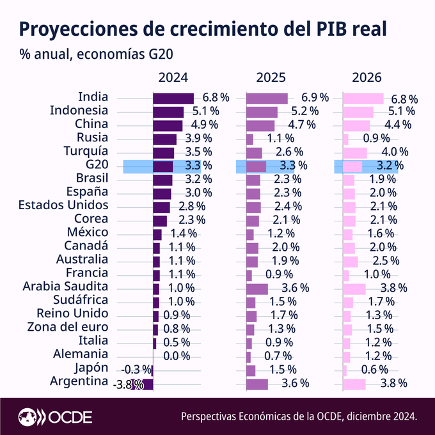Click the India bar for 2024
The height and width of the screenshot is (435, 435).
coord(173,98)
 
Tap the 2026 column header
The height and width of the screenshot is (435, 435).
coord(367,78)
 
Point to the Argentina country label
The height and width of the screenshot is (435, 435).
coord(79,382)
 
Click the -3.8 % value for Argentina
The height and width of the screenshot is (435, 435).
coord(128,384)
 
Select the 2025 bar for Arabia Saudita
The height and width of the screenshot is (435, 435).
coord(257,288)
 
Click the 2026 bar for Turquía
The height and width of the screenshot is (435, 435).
coord(354,152)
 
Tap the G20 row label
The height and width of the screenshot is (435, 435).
coord(97,165)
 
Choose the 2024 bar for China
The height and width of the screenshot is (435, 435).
coord(168,125)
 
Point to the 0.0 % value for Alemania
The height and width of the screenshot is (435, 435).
coord(177,356)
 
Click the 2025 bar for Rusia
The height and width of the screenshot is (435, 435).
coord(249,139)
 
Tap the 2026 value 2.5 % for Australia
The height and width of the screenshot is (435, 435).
coord(386,261)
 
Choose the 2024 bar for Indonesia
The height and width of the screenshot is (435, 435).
coord(168,111)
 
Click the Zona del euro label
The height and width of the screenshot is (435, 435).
coord(68,328)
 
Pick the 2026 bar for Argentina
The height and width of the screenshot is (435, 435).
coord(354,384)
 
